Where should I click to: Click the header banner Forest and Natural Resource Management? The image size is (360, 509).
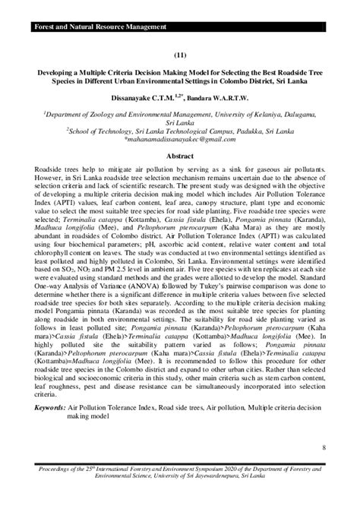click(x=99, y=27)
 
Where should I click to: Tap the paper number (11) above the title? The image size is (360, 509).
click(x=179, y=55)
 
